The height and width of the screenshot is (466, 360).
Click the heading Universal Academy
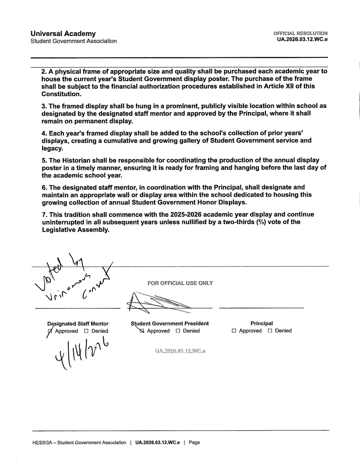63,34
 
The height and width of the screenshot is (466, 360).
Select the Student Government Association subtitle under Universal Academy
73,41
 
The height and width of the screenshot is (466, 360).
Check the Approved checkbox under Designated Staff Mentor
51,331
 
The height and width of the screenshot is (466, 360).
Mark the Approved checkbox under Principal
234,331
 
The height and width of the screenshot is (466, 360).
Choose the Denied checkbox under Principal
270,331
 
